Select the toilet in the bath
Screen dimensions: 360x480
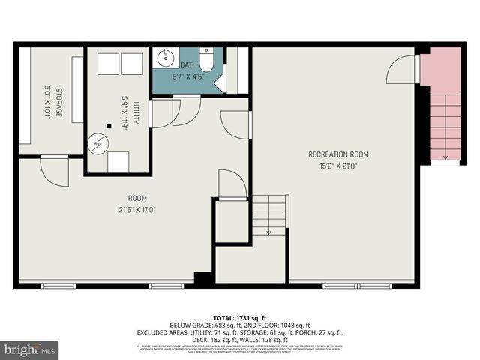(206, 59)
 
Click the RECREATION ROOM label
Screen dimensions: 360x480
(338, 154)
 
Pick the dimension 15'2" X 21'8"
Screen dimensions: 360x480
(338, 165)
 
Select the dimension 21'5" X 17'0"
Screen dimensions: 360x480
(136, 209)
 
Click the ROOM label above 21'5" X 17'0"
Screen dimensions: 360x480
(136, 199)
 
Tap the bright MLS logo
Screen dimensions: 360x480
(30, 349)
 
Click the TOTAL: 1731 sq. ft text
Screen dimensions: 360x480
(239, 317)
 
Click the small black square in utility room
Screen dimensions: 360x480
(109, 126)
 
